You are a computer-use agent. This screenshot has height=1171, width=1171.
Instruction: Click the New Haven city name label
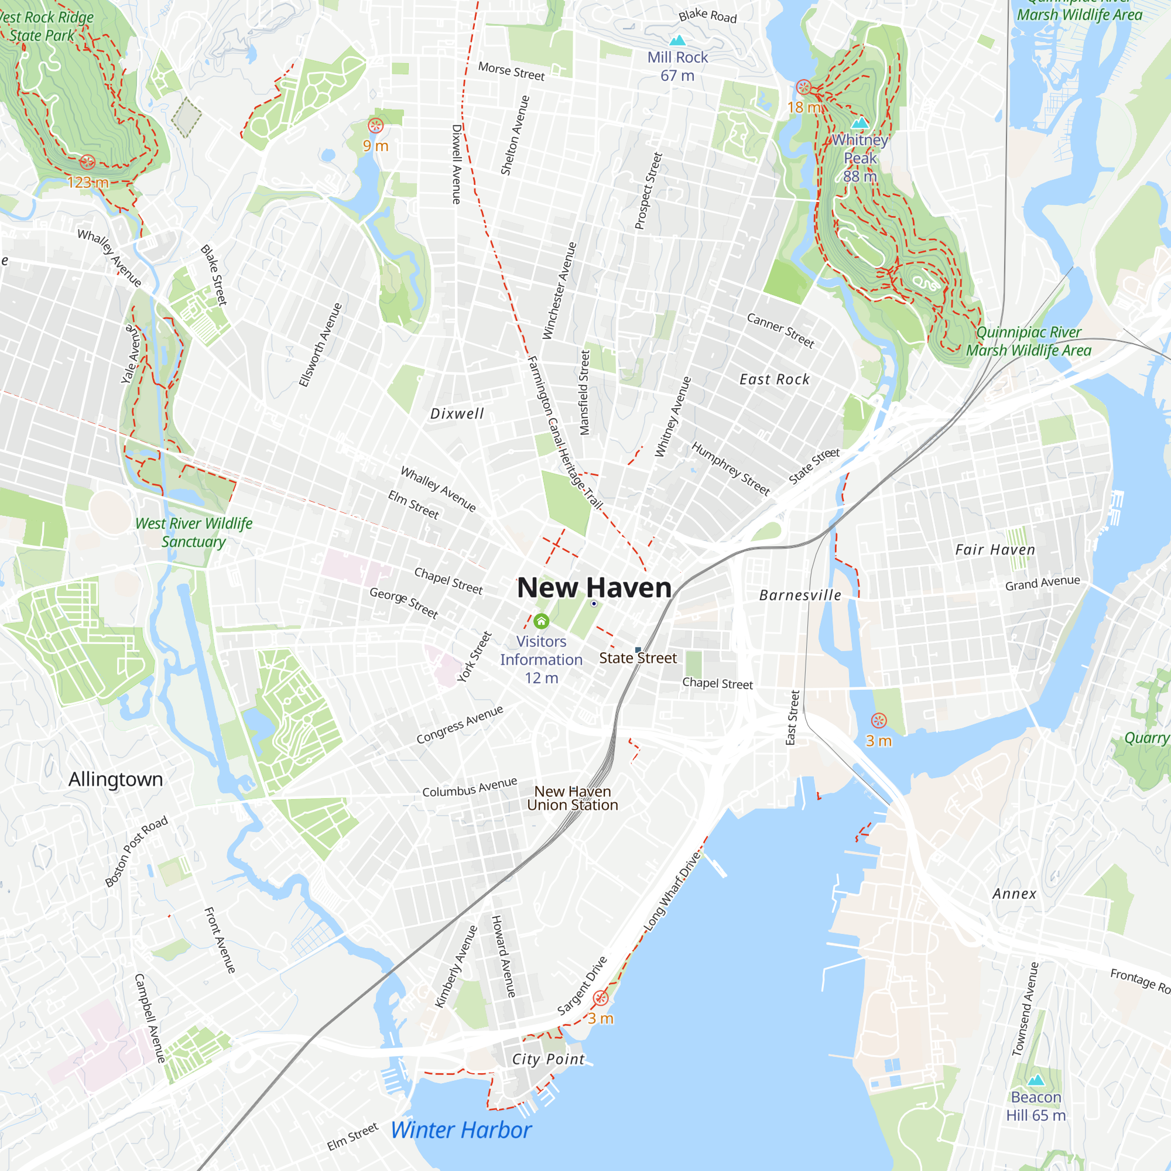coord(594,588)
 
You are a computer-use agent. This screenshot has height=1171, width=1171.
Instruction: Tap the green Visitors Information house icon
coord(541,621)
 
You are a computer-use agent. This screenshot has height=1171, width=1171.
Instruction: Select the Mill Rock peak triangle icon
coord(677,40)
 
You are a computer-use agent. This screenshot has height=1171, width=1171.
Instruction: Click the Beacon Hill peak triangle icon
coord(1036,1080)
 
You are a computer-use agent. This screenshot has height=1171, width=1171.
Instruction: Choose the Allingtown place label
coord(115,779)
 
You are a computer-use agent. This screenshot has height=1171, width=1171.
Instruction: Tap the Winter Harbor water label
coord(461,1131)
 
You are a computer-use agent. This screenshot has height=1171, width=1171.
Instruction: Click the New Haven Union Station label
coord(572,798)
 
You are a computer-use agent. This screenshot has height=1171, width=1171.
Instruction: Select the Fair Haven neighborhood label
coord(995,550)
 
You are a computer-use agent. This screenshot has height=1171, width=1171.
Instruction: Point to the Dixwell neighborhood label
coord(457,414)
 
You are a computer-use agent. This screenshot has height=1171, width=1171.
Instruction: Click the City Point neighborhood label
coord(549,1060)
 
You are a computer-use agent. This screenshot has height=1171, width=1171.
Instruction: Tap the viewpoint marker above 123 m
coord(87,162)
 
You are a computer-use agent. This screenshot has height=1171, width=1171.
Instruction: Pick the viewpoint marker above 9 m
coord(376,126)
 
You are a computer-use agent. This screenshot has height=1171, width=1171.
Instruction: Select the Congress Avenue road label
coord(460,724)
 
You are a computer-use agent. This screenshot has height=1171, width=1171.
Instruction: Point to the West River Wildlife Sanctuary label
coord(193,532)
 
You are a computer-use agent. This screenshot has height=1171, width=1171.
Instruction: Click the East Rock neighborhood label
coord(775,379)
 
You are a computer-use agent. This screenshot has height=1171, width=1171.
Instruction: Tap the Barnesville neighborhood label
coord(800,595)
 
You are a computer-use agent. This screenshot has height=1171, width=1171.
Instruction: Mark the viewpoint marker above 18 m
coord(804,87)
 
